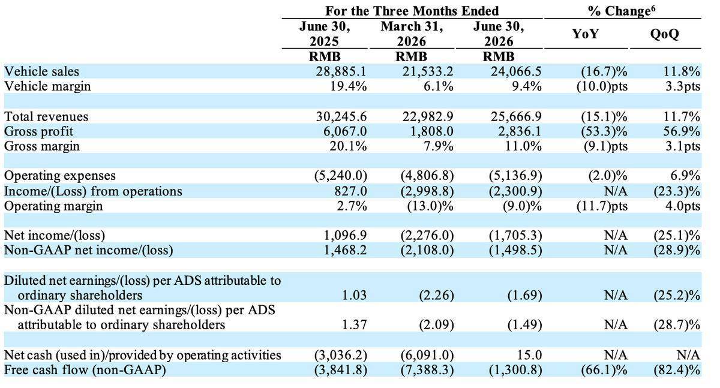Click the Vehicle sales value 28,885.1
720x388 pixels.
coord(341,71)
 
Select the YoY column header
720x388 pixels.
coord(586,34)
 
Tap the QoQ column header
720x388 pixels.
coord(665,34)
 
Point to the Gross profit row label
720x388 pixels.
coord(38,131)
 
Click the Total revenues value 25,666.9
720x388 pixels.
coord(516,116)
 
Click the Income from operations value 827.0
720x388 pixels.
coord(350,191)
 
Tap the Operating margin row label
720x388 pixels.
coord(53,206)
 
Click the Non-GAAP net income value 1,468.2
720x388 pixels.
coord(345,250)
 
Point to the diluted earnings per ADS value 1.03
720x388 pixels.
coord(354,295)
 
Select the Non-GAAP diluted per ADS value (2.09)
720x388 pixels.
coord(437,325)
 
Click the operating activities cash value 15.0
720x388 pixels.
coord(530,355)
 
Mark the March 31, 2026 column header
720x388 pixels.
coord(412,34)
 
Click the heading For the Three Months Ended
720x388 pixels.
coord(412,11)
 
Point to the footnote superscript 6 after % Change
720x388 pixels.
coord(653,8)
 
